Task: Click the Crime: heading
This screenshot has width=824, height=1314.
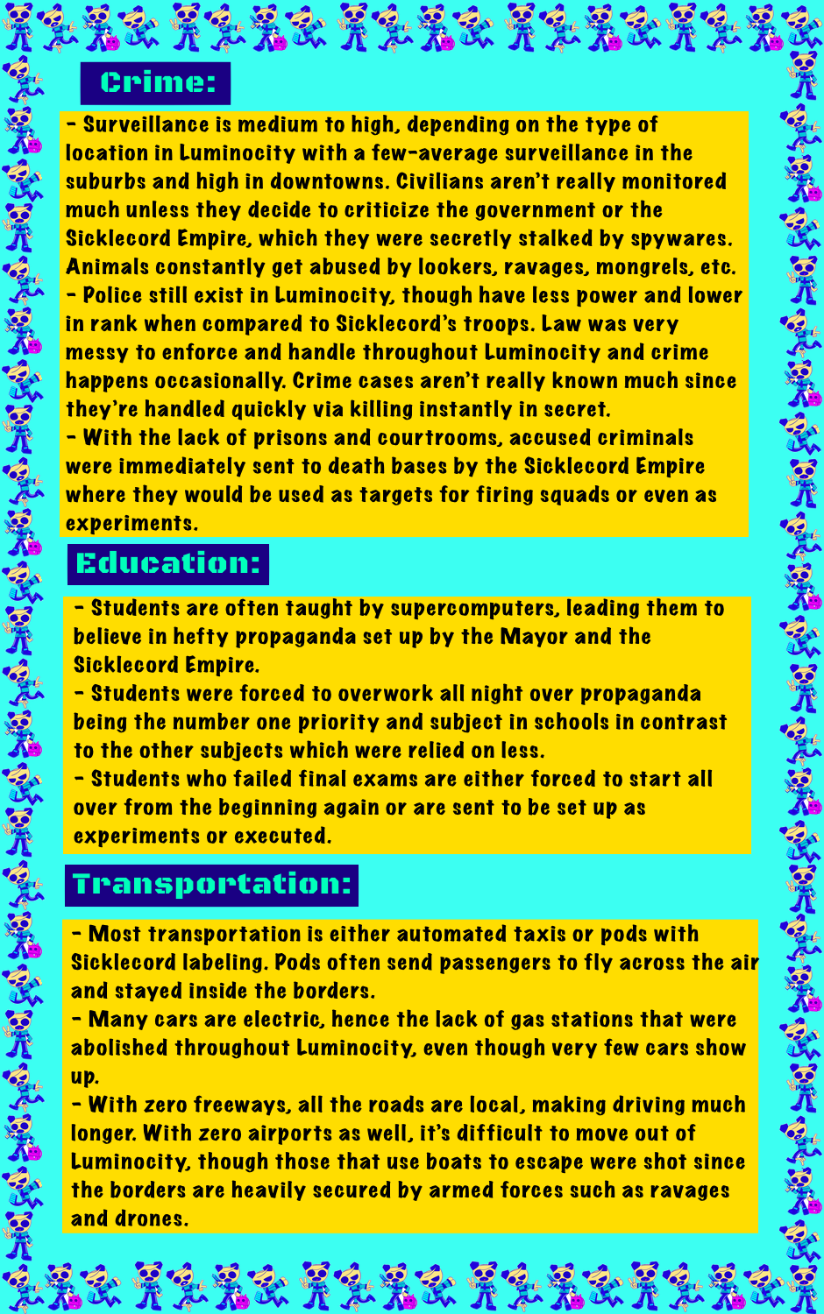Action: click(x=156, y=83)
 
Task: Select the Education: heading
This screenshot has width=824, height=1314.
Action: click(x=168, y=563)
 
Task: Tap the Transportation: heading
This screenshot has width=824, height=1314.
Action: click(x=212, y=884)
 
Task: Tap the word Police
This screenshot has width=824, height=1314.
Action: click(x=116, y=295)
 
